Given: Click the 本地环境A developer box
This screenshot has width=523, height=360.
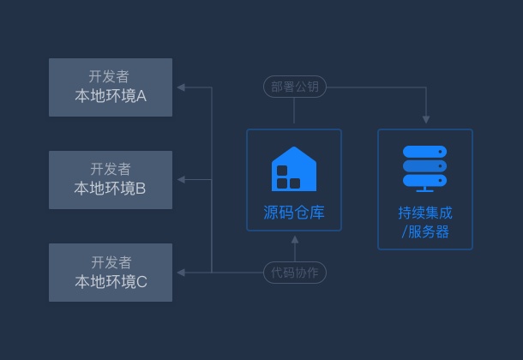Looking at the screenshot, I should point(110,87).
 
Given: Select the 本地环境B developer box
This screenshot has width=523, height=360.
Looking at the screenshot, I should point(110,180).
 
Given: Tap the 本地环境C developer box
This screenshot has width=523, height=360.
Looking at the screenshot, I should point(110,273).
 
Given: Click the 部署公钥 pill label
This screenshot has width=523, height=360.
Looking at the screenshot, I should point(294,87).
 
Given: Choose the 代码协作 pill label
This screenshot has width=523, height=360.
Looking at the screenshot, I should point(294,273).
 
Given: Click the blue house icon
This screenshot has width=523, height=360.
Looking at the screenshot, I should point(294,168).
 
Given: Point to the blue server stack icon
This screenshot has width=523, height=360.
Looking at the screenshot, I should point(424,168).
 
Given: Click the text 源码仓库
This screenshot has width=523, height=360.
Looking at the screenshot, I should point(294,213).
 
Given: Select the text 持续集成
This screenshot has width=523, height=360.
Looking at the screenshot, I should point(424,213).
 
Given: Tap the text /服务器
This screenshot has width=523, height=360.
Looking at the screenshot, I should point(424,231).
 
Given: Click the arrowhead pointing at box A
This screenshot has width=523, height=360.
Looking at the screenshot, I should point(181,87).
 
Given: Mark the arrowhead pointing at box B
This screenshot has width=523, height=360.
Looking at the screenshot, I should point(181,180).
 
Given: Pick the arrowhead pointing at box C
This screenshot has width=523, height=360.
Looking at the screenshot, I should point(181,273).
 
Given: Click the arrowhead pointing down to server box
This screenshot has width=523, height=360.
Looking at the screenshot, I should point(425,119).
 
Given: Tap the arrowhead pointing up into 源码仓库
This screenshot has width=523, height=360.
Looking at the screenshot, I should point(294,237).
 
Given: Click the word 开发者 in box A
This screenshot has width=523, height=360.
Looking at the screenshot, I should point(110,77).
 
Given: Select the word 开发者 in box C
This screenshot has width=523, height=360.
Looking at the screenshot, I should point(111,262).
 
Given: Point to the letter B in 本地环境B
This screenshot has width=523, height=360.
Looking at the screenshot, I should point(141,189).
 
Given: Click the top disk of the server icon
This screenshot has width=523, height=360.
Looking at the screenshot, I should point(424,153).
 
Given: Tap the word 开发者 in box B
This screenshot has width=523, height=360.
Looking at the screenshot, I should point(110,170).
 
